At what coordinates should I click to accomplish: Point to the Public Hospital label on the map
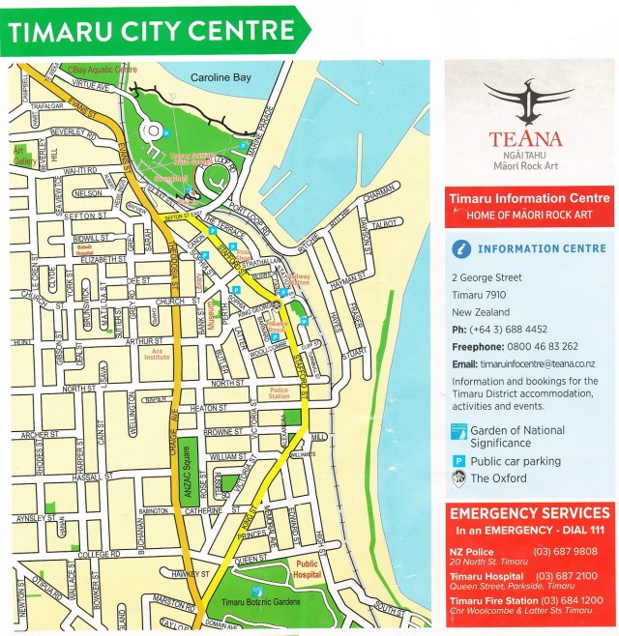click(308, 568)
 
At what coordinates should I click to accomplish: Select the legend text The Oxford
click(499, 477)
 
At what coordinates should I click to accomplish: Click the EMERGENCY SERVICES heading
click(528, 513)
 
